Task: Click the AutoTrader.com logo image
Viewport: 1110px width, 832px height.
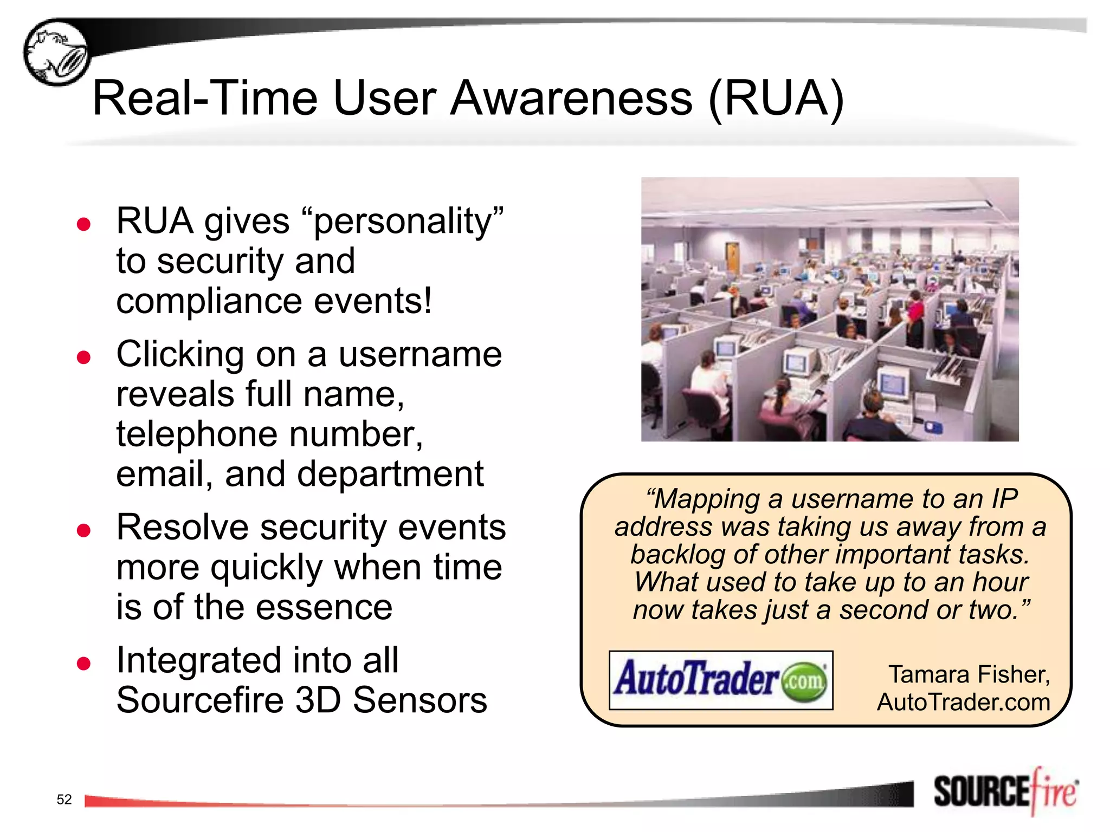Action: tap(720, 680)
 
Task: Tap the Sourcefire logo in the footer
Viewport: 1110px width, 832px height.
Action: tap(1005, 792)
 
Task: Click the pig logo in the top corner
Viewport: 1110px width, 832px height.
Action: tap(56, 53)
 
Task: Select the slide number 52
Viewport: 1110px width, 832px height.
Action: tap(64, 799)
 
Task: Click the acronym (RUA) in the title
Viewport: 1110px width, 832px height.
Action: tap(776, 99)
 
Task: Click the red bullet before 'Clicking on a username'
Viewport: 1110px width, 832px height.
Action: tap(83, 357)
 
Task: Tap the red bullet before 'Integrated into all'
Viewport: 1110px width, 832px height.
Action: tap(83, 663)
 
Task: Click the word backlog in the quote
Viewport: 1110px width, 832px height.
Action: tap(677, 554)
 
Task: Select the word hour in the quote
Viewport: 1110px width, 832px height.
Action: tap(1001, 582)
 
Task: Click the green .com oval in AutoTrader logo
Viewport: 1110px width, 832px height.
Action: tap(805, 681)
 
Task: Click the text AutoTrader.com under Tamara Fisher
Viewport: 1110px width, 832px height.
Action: tap(963, 703)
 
